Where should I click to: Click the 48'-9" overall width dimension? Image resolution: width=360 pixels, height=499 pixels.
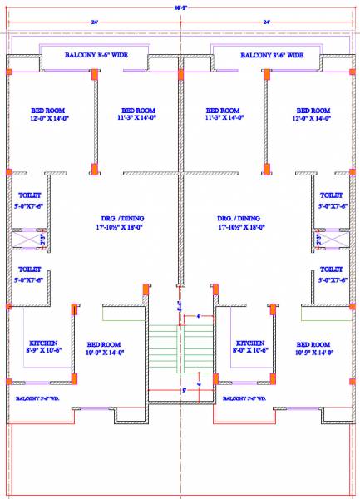click(x=180, y=8)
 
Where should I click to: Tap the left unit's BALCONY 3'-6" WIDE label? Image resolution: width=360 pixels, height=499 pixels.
click(x=96, y=55)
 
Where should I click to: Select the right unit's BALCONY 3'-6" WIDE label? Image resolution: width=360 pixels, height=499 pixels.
click(x=272, y=55)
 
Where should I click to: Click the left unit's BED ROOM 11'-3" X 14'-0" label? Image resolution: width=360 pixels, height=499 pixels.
click(x=139, y=115)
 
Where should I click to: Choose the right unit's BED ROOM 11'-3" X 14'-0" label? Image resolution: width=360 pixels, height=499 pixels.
click(x=223, y=115)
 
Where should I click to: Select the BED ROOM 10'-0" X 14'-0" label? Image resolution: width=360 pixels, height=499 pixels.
click(x=104, y=348)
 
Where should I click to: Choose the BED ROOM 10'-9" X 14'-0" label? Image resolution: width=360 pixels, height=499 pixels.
click(x=313, y=348)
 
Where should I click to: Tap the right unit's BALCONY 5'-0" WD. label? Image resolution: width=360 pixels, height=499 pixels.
click(x=245, y=398)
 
